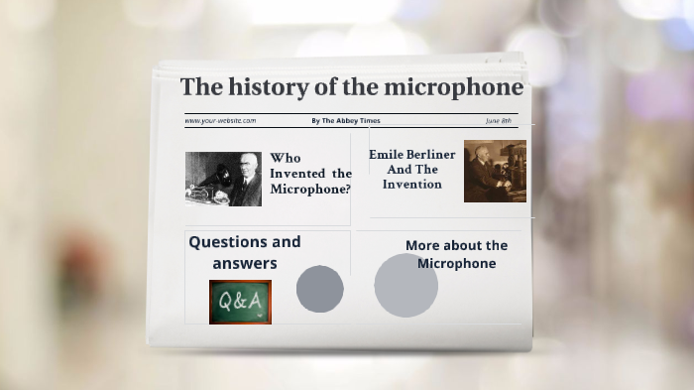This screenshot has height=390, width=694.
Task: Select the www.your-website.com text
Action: tap(220, 121)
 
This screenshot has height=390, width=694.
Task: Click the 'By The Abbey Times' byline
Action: tap(345, 121)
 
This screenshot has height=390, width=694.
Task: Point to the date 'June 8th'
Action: tap(499, 121)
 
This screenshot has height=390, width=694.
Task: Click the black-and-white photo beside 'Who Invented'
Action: tap(223, 178)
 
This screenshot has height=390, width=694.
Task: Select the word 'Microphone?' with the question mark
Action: tap(310, 190)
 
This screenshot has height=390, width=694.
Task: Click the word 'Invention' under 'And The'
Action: tap(412, 184)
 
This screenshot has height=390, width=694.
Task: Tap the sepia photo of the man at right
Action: tap(495, 172)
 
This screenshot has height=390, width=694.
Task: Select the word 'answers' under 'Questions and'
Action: tap(244, 263)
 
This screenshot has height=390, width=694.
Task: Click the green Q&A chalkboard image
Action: tap(240, 302)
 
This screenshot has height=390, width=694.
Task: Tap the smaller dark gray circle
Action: tap(320, 289)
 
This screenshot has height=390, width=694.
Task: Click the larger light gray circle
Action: tap(405, 286)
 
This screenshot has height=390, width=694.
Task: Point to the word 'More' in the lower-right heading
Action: tap(423, 245)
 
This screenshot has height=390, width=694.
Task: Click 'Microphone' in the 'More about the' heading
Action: tap(456, 263)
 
